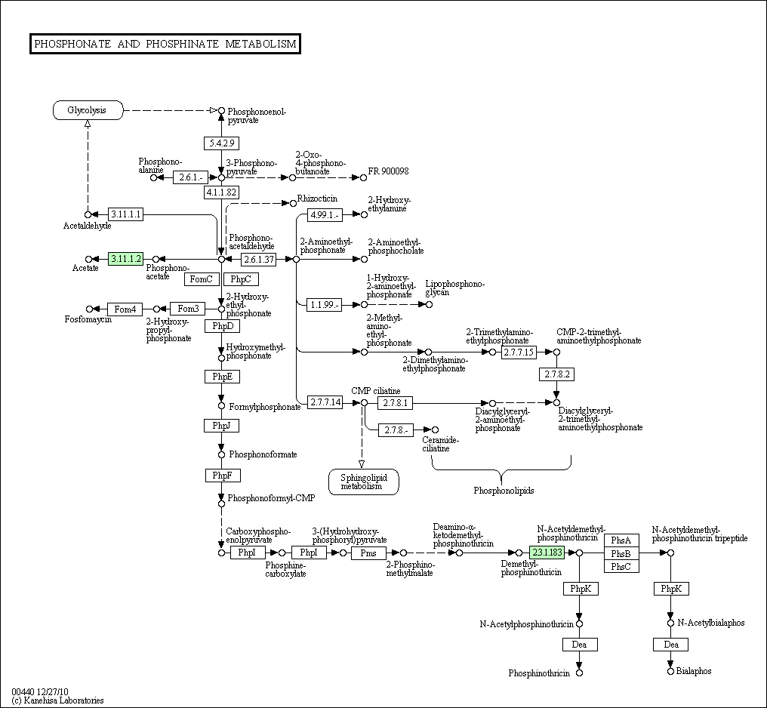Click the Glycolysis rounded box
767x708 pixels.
[88, 110]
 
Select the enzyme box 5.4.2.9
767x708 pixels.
[221, 143]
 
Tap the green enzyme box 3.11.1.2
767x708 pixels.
[125, 259]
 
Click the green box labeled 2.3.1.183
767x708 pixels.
[547, 553]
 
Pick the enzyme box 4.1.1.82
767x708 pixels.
[221, 192]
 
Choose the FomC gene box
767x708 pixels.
[201, 279]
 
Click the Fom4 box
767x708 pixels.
[125, 309]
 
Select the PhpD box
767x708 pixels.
[222, 326]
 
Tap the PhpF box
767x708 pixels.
[222, 476]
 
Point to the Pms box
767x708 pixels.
[368, 553]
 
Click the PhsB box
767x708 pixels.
[621, 553]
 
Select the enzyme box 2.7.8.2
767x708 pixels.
[557, 374]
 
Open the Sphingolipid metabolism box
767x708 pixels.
[363, 482]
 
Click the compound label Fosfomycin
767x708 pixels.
[88, 320]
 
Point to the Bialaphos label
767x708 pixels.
[694, 671]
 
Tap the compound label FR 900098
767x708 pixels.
[388, 171]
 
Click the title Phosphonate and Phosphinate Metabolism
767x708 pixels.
[165, 44]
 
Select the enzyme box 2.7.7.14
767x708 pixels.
[325, 402]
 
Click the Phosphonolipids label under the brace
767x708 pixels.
[504, 491]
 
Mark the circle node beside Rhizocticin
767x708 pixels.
[293, 202]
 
